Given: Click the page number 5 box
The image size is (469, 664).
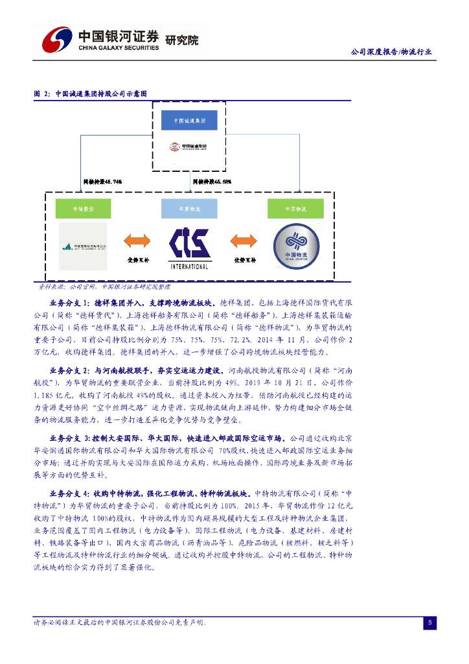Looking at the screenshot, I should click(x=429, y=623).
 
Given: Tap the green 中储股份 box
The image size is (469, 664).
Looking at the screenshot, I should click(x=83, y=209).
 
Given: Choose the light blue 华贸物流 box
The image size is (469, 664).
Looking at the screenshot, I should click(x=189, y=209).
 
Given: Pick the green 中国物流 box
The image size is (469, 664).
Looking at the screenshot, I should click(x=295, y=209).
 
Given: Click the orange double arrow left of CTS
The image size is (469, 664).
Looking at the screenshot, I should click(x=137, y=243).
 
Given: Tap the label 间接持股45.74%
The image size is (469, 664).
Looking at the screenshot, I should click(x=104, y=182).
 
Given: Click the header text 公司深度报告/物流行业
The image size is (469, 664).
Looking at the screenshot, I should click(x=391, y=52).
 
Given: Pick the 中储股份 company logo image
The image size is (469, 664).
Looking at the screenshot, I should click(x=83, y=246).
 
